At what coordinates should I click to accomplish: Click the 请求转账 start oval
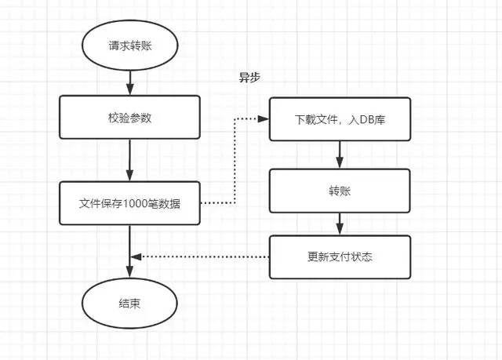(129, 45)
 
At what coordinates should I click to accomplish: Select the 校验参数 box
(129, 118)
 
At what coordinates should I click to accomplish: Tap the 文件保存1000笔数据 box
(129, 202)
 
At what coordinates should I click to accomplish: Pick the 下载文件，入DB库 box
(339, 119)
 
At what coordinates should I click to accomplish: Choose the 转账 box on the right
(339, 190)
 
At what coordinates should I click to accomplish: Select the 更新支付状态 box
(339, 256)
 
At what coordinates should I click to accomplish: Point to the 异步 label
(249, 78)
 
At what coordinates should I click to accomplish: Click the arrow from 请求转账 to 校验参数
(129, 81)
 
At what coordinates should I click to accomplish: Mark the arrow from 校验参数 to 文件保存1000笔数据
(129, 160)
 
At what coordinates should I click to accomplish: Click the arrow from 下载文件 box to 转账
(339, 155)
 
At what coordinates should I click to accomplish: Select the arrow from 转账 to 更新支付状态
(339, 224)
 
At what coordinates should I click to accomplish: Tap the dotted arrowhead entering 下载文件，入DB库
(264, 119)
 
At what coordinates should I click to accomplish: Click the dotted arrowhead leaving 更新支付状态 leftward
(136, 256)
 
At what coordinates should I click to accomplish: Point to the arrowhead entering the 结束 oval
(129, 275)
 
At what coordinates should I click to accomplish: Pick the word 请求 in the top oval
(119, 45)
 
